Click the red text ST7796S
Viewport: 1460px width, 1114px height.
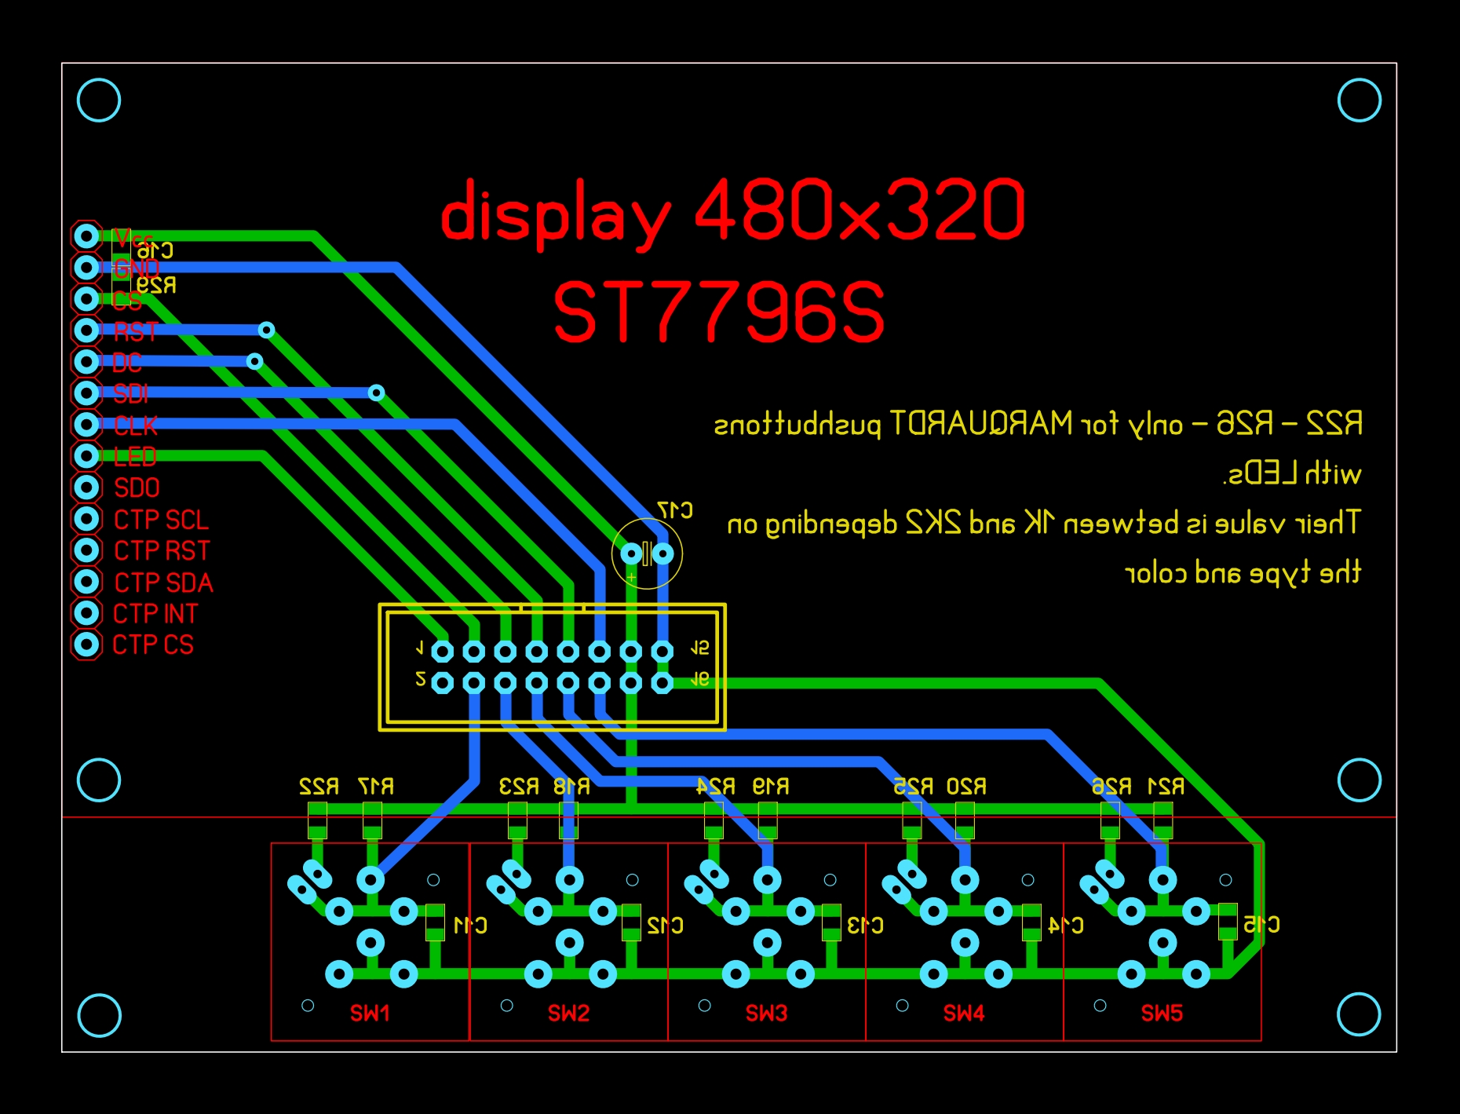(719, 312)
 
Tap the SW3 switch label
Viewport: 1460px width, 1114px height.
(766, 1013)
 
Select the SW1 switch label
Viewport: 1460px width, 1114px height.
(370, 1013)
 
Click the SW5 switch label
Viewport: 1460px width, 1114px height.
(1162, 1013)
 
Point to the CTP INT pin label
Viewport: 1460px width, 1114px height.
(155, 614)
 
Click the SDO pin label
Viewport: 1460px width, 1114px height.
(137, 488)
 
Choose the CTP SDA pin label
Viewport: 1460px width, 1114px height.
(163, 583)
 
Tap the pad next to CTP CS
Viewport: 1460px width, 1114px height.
(86, 645)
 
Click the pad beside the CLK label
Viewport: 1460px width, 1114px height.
(86, 425)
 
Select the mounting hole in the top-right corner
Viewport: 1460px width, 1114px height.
(1359, 100)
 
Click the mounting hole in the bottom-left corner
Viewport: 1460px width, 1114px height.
(100, 1015)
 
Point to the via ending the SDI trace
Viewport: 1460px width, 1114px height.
(376, 393)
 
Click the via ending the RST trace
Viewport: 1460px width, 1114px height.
(266, 330)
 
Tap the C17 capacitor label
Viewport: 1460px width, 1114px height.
(675, 510)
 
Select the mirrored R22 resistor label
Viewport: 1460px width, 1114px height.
(319, 786)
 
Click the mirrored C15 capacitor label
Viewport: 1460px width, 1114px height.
(1261, 925)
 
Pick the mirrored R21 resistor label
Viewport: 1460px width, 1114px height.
(1166, 786)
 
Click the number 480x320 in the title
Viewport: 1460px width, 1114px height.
(860, 210)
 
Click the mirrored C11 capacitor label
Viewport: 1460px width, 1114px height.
(470, 926)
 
